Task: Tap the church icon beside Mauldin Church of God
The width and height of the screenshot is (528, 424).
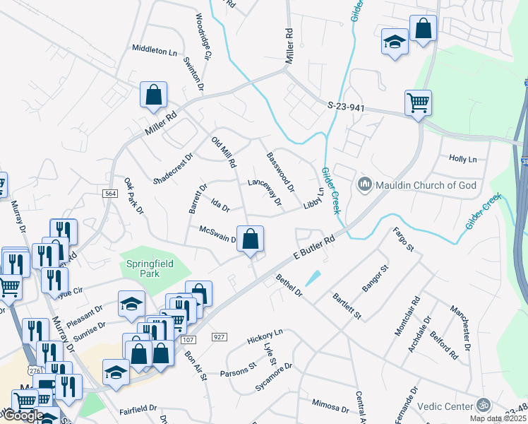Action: [x=365, y=185]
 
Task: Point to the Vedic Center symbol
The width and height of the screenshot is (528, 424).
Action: [x=484, y=405]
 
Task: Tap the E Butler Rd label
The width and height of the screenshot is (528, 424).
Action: [x=313, y=250]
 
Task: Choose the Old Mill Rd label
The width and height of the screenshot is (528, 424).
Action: [x=224, y=152]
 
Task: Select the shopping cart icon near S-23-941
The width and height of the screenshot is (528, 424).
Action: [x=418, y=102]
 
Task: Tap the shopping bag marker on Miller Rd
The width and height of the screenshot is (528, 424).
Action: [x=153, y=95]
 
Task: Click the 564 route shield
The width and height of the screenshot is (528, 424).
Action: [x=109, y=194]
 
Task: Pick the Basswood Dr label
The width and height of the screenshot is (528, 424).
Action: [x=280, y=172]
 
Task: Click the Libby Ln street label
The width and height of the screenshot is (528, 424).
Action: [x=313, y=198]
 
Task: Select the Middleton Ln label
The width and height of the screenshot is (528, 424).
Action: [x=155, y=50]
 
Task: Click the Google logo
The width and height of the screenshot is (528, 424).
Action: [x=23, y=415]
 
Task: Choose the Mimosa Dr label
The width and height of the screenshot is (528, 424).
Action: [x=330, y=405]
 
